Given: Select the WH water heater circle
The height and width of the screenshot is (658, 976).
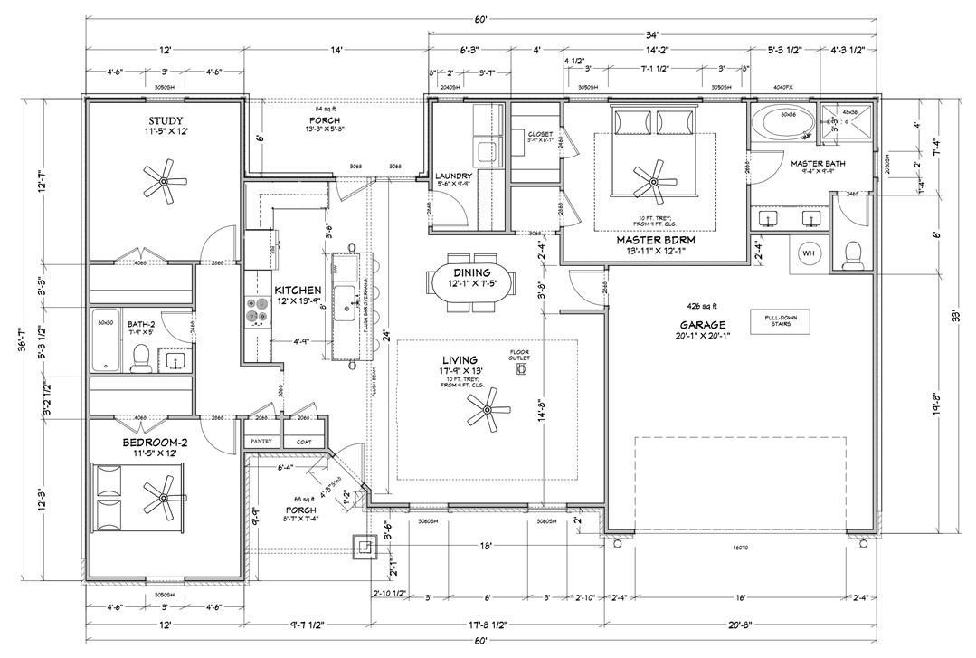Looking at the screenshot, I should coord(808,254).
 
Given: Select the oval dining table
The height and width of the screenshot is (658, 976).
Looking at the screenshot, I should coord(472,281).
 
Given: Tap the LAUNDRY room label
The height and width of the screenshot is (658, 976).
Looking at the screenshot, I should coord(454,176).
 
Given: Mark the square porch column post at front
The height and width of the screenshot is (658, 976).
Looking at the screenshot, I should coord(364,546).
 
